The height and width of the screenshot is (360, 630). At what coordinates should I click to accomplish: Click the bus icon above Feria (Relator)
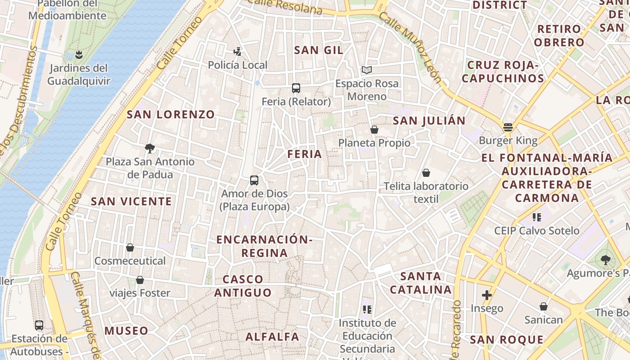tap(296, 88)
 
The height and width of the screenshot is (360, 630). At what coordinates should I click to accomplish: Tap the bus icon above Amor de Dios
tap(254, 180)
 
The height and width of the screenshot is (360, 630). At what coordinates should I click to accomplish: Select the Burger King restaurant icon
tap(508, 127)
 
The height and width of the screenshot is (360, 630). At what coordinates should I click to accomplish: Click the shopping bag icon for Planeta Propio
tap(374, 130)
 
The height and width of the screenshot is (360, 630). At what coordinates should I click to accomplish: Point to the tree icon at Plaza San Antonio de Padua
tap(150, 148)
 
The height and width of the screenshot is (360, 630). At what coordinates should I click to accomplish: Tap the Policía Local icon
tap(238, 52)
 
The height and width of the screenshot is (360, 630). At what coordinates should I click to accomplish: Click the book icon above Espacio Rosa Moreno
tap(367, 70)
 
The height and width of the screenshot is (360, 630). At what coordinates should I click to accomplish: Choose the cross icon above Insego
tap(486, 295)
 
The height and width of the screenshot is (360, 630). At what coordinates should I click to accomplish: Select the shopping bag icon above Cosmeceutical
tap(130, 247)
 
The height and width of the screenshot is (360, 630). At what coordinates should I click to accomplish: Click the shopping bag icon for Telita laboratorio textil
tap(426, 173)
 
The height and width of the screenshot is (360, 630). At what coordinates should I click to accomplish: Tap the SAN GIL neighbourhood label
tap(319, 50)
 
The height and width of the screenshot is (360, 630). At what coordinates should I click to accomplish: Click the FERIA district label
tap(305, 154)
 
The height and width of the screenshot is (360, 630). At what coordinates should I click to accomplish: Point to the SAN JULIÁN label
tap(429, 121)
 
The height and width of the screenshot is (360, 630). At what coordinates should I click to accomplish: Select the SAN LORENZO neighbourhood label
tap(171, 114)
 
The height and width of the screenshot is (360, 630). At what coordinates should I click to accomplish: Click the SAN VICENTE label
tap(131, 201)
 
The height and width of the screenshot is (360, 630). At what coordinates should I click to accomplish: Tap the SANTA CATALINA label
tap(421, 283)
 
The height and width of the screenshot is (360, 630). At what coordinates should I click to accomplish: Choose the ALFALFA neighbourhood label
tap(272, 336)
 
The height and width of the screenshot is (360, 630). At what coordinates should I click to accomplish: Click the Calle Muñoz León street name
tap(410, 46)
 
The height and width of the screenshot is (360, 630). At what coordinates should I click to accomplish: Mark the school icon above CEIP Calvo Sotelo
tap(536, 217)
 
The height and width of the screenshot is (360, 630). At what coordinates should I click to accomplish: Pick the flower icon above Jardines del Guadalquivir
tap(79, 55)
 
